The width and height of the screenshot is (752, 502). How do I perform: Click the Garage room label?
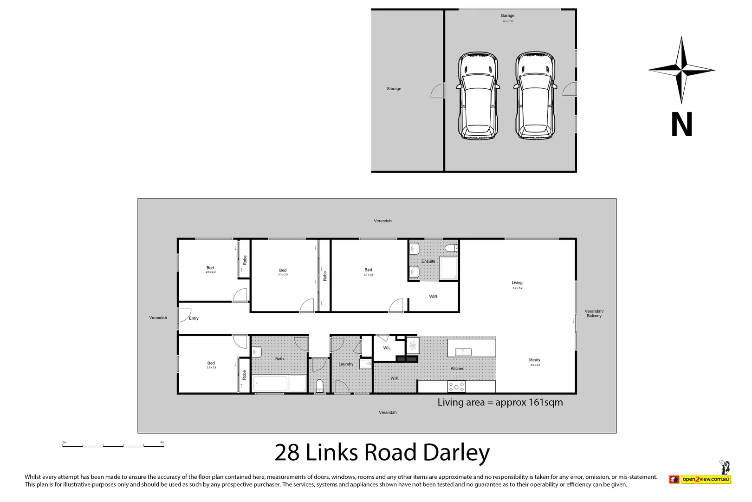click(507, 16)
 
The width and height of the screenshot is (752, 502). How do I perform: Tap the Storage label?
click(394, 89)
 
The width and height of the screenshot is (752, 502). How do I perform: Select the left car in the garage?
click(478, 96)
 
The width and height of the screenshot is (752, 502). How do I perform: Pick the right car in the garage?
click(535, 96)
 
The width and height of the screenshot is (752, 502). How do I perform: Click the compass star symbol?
click(681, 70)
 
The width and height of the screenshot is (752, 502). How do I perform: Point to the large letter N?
click(681, 124)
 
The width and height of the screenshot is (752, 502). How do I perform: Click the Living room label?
click(517, 283)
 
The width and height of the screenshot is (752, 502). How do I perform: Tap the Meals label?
click(534, 360)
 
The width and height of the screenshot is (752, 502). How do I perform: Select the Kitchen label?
click(457, 369)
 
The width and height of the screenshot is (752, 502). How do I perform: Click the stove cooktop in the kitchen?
click(456, 387)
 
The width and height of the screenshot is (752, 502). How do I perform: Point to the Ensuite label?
click(428, 261)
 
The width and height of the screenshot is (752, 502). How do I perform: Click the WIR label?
click(433, 297)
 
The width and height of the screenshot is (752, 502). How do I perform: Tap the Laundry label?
click(346, 364)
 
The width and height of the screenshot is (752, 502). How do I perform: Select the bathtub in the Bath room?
click(270, 384)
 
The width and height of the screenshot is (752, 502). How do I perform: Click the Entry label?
click(194, 318)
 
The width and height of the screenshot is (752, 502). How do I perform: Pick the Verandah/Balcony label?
click(594, 313)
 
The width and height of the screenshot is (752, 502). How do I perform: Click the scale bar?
click(113, 446)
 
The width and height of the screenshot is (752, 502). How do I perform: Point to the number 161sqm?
click(545, 403)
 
